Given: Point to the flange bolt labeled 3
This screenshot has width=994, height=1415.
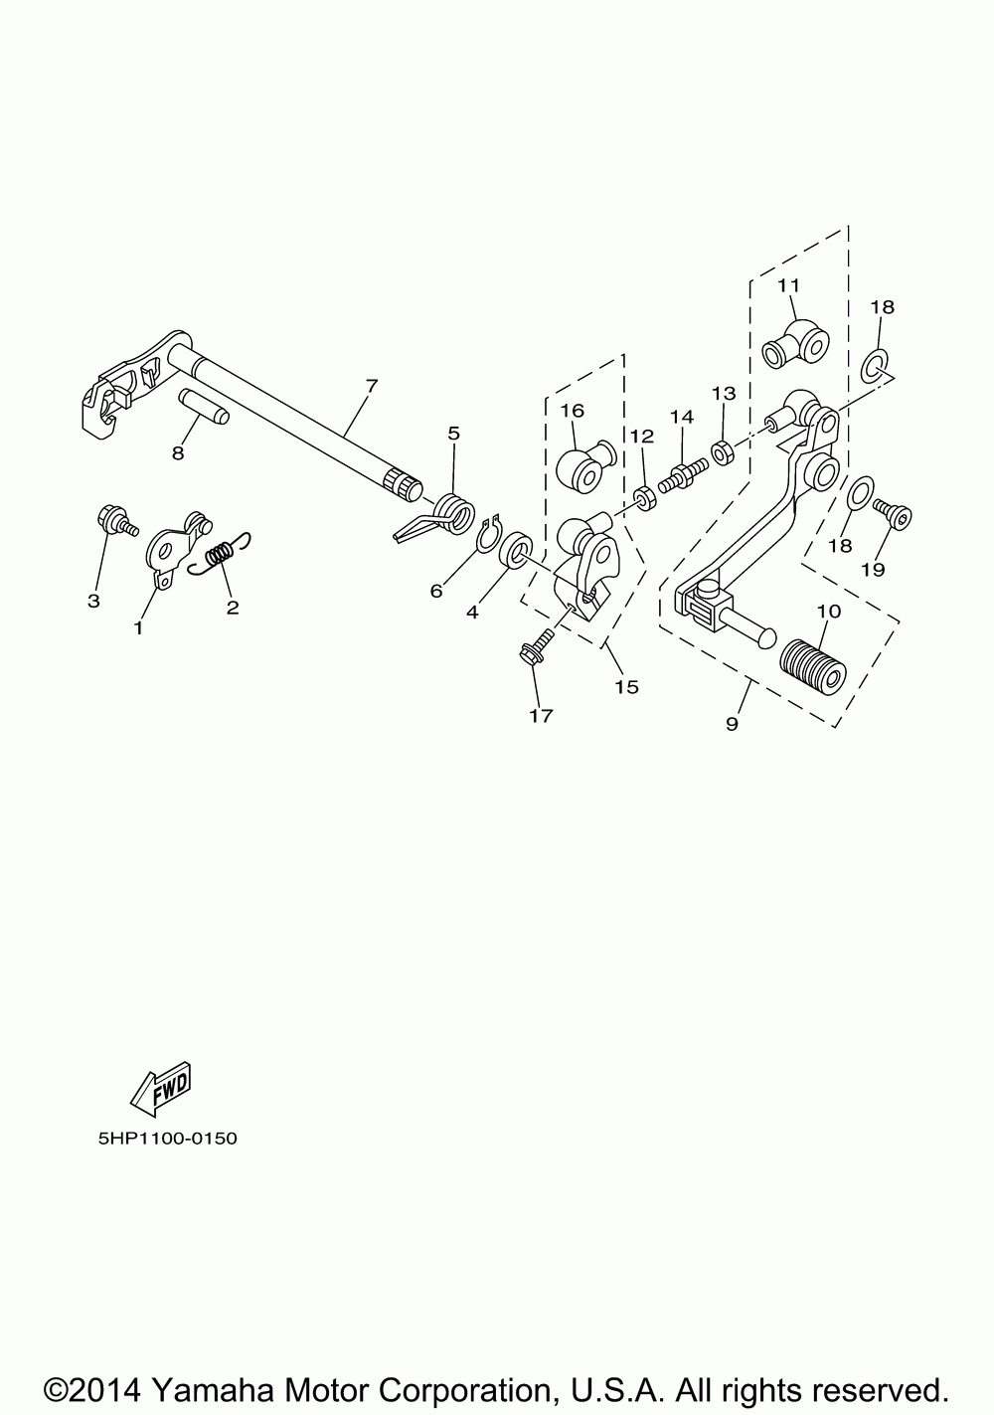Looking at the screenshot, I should tap(111, 520).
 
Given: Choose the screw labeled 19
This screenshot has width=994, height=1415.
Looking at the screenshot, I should tap(896, 512).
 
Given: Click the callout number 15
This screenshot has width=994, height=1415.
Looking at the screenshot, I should tap(627, 686).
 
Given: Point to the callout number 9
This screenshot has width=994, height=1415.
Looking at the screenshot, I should tap(732, 724).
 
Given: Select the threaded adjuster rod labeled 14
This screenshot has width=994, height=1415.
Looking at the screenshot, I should tap(680, 466).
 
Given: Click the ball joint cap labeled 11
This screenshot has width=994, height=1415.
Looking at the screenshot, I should tap(795, 344).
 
